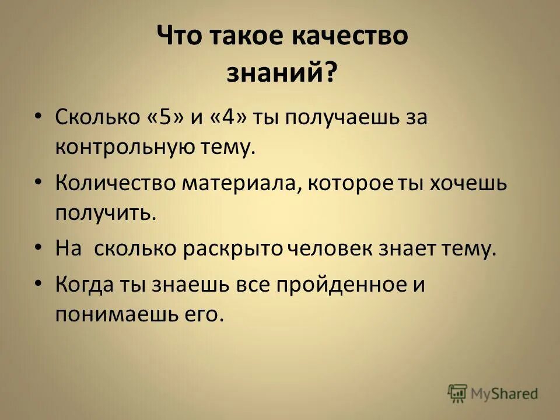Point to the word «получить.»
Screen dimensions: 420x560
coord(106,213)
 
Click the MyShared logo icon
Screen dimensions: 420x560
coord(458,393)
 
